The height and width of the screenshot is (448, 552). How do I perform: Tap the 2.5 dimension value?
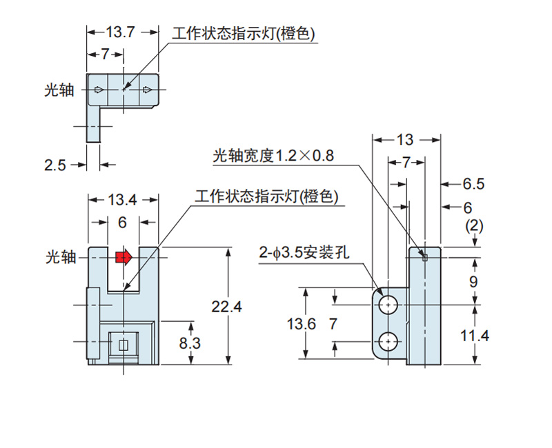tap(55, 165)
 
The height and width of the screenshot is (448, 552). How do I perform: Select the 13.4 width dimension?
tap(123, 200)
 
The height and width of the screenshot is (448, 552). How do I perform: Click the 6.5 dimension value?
tap(473, 184)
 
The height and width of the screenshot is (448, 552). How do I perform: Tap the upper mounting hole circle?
tap(389, 304)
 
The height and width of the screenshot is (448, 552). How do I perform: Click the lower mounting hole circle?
tap(389, 340)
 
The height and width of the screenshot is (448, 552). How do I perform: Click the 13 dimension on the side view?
tap(405, 139)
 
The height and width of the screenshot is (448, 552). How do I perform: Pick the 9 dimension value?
tap(473, 281)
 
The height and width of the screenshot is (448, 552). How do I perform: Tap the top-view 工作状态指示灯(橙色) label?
tap(245, 32)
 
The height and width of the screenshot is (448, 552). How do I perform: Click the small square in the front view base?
tap(124, 345)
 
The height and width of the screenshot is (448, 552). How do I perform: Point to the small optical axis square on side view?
tap(424, 258)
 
